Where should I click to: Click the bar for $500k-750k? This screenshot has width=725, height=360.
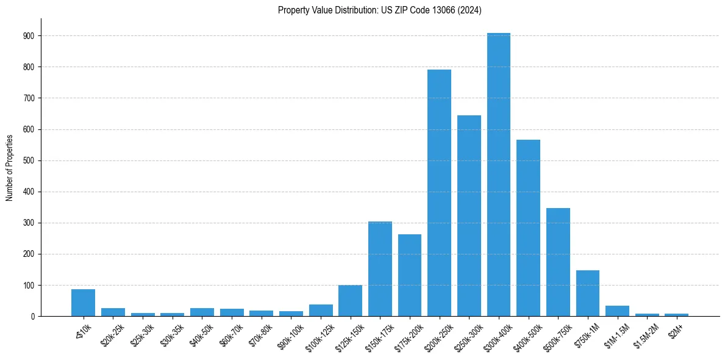pyautogui.click(x=558, y=262)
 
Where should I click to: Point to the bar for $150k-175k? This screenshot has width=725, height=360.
pyautogui.click(x=380, y=268)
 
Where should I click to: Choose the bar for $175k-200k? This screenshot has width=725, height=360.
pyautogui.click(x=410, y=275)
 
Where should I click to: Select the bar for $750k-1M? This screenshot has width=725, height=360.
pyautogui.click(x=588, y=293)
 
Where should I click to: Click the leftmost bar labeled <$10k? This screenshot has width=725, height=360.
pyautogui.click(x=83, y=303)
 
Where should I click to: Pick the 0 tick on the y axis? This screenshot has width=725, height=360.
pyautogui.click(x=33, y=316)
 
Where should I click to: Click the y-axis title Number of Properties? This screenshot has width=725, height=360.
pyautogui.click(x=9, y=168)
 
